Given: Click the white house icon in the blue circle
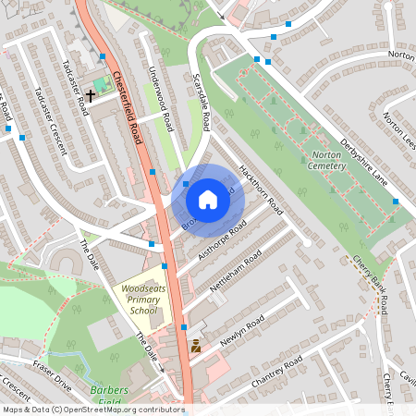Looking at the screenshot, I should pyautogui.click(x=208, y=199).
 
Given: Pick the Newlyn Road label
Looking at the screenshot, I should pyautogui.click(x=242, y=330).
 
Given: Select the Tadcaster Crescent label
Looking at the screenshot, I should pyautogui.click(x=44, y=120).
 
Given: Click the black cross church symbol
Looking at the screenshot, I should pyautogui.click(x=91, y=94).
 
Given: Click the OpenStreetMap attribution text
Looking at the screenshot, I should pyautogui.click(x=92, y=410).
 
